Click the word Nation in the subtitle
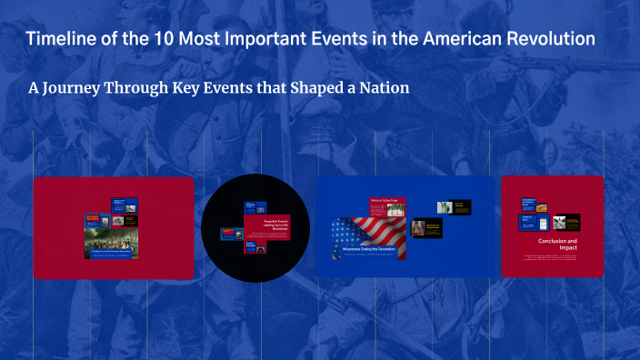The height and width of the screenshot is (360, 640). coord(381,88)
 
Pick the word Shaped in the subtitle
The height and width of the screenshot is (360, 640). coord(315,88)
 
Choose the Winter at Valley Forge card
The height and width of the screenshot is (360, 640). coord(388,207)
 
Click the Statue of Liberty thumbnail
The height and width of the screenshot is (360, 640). coord(445,206)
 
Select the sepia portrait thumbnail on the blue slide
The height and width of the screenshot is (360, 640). coord(419,228)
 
